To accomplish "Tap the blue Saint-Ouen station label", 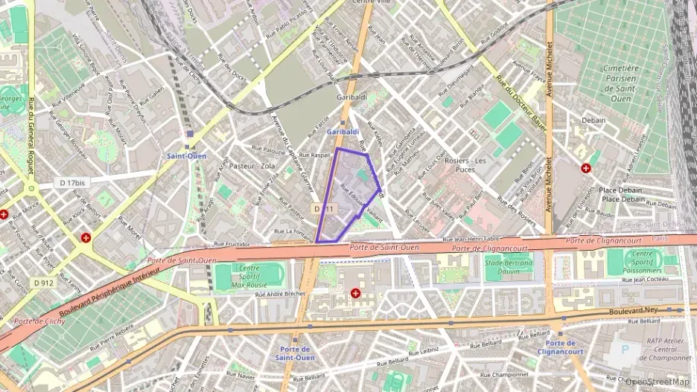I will pos(187,156).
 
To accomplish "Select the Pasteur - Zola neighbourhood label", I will pos(252,166).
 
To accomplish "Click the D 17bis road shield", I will pos(74,181).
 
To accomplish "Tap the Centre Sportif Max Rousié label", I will pos(248,276).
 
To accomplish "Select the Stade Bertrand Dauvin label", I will pos(509,266).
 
